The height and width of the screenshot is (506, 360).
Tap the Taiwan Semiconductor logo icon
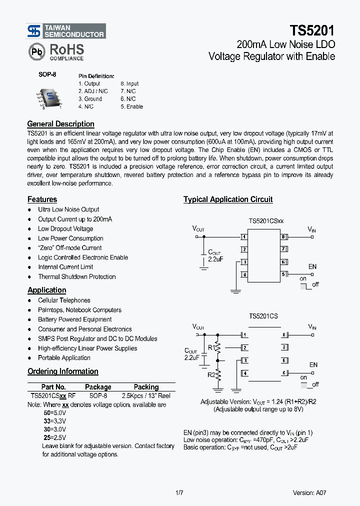(34, 31)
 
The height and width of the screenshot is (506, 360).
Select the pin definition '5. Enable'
(131, 106)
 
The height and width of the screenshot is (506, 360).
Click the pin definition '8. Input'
(129, 83)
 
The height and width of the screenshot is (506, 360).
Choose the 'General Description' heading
(60, 124)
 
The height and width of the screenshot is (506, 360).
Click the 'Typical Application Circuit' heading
(227, 199)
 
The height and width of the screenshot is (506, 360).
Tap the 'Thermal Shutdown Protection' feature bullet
(76, 276)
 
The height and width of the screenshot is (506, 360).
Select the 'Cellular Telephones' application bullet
(64, 300)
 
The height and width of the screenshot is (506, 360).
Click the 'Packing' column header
(146, 387)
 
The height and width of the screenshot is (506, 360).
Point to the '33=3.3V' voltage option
(54, 421)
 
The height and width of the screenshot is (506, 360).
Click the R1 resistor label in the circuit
(211, 346)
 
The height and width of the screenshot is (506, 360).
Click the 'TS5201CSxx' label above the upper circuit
(266, 220)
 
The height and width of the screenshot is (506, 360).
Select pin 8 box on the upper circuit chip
(283, 236)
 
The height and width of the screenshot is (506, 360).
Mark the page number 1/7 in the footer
(179, 493)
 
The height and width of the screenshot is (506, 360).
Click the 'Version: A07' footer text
(309, 493)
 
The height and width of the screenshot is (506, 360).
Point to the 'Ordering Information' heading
(62, 371)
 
